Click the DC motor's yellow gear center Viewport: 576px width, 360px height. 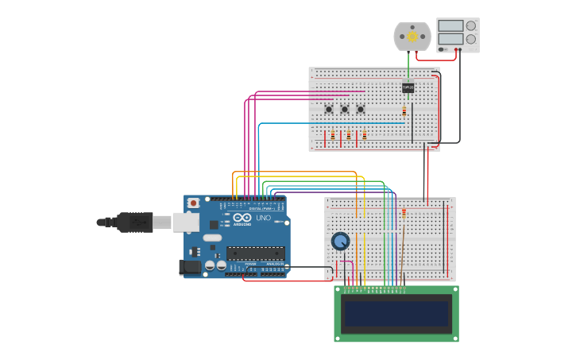point(412,37)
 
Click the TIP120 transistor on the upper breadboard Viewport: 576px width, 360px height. point(408,87)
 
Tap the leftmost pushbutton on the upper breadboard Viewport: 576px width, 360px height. point(328,109)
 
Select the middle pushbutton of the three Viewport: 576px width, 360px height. point(344,109)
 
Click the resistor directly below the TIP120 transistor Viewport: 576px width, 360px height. point(404,111)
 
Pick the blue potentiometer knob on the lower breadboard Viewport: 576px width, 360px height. point(340,241)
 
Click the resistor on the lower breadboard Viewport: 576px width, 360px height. point(404,213)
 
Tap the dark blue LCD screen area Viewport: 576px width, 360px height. point(396,313)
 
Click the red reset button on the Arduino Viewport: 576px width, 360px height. point(193,203)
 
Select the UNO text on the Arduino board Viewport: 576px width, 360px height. point(262,218)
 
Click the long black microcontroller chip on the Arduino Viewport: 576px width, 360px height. point(255,253)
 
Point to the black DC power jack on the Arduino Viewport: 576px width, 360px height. point(190,267)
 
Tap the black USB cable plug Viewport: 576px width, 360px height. point(135,223)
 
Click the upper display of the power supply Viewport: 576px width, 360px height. point(450,25)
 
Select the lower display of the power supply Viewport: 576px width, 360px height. point(450,39)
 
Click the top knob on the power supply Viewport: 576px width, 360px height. point(471,25)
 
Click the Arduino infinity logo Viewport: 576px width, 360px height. point(242,218)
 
